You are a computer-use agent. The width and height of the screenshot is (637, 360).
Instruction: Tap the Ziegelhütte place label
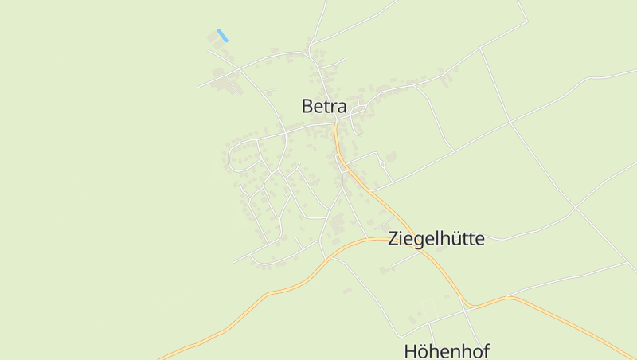point(436,238)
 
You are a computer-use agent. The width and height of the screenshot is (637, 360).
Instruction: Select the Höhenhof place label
point(446,351)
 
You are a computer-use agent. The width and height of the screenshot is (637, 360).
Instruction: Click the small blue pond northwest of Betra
point(222,35)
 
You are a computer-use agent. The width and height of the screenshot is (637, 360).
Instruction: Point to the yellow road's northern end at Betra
point(336,124)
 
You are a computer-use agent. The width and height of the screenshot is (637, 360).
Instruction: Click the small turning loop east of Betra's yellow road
point(383,164)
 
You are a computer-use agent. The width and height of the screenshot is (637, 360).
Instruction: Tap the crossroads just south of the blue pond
point(239,69)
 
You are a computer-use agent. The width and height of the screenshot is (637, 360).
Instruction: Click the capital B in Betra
point(307,106)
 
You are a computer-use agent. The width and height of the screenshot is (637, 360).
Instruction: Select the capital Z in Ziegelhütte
point(393,238)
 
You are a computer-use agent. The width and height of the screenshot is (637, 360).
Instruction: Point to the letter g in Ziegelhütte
point(419,241)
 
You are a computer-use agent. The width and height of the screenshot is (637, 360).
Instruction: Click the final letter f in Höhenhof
point(486,350)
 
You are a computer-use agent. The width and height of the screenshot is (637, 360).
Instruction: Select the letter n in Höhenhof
point(459,353)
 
